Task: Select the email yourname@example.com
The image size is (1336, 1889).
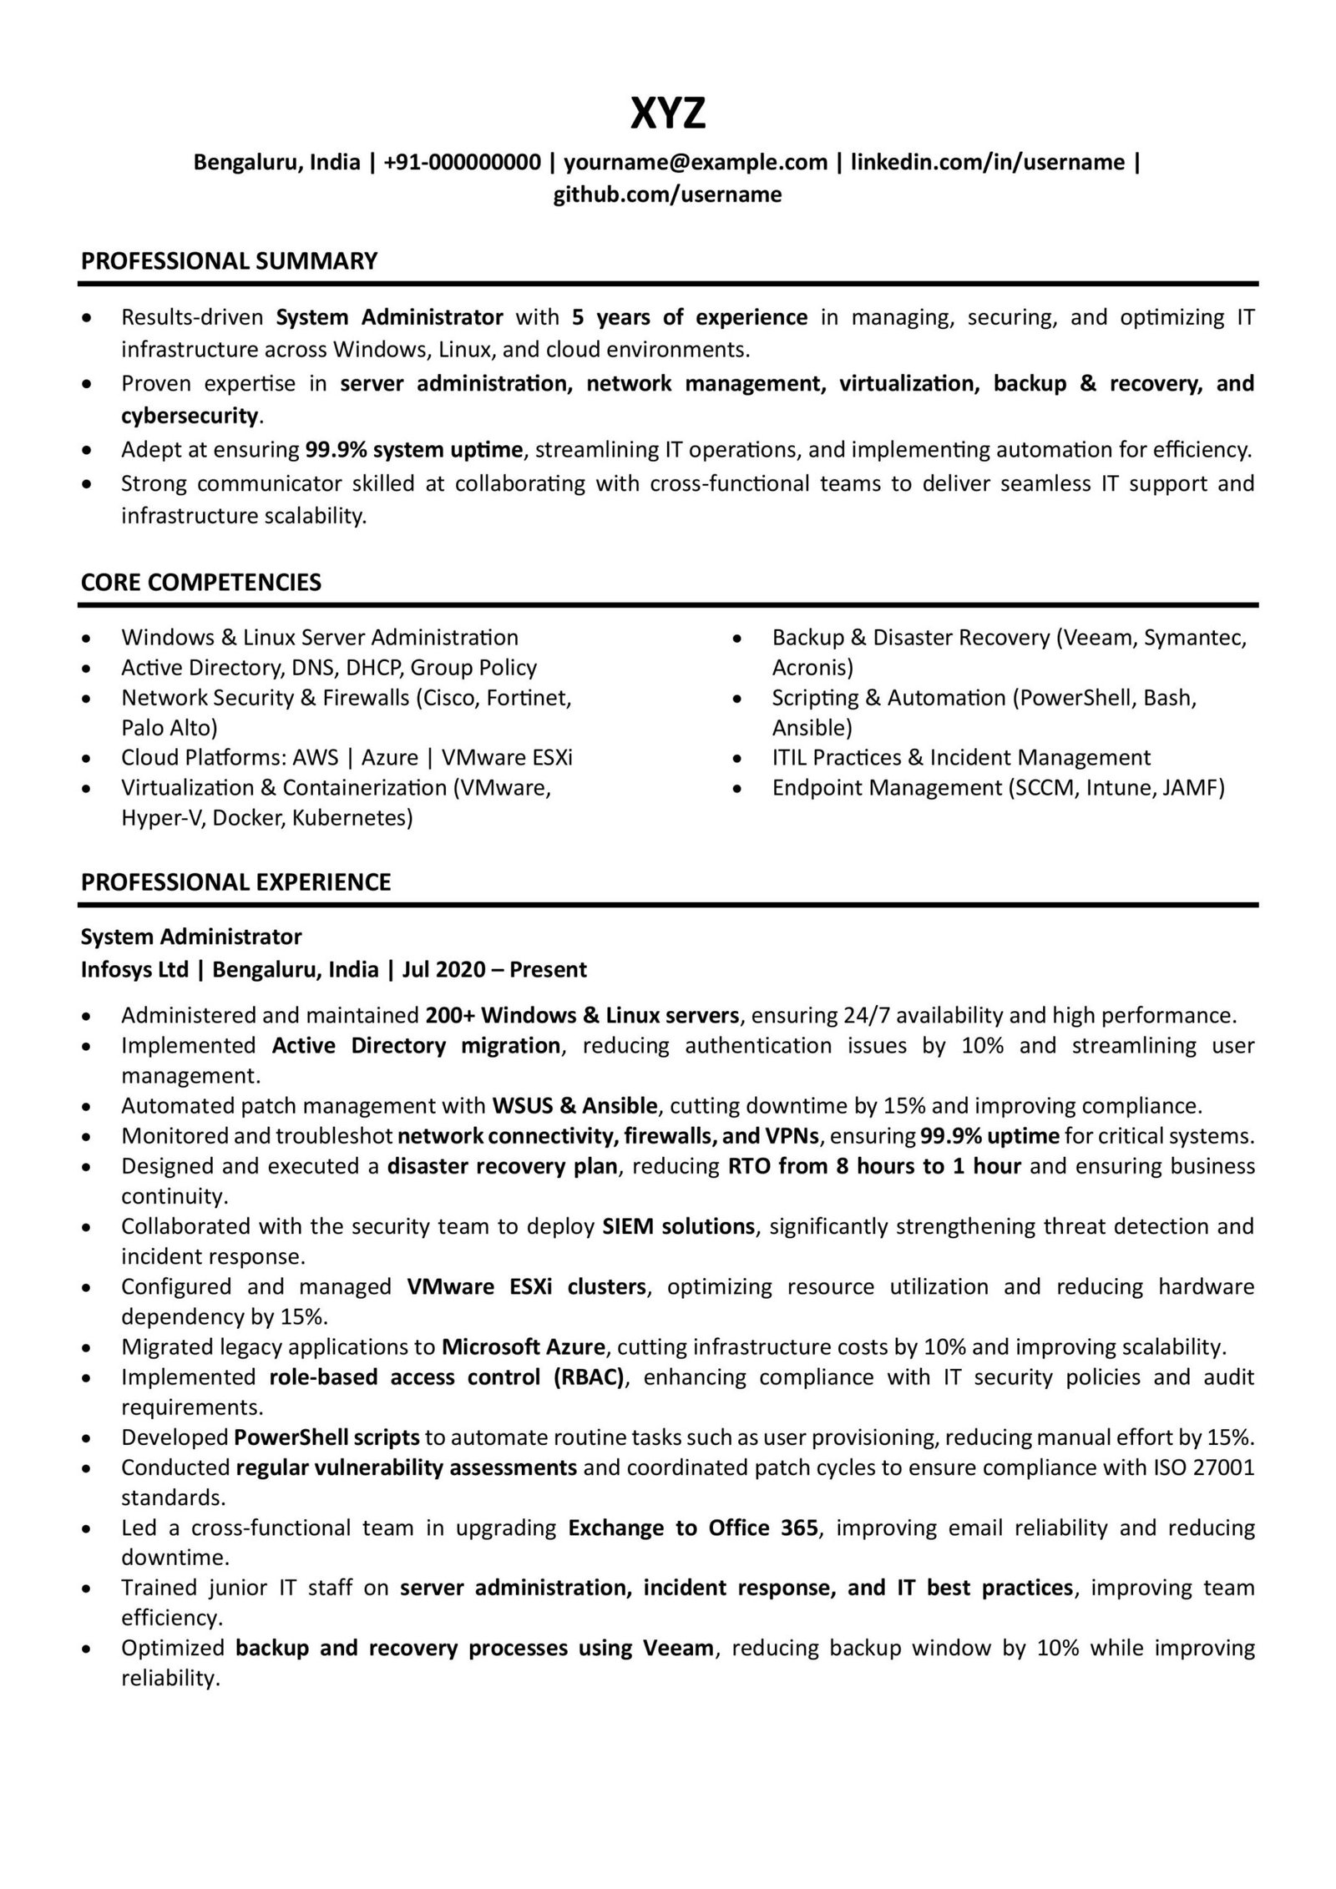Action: [x=696, y=162]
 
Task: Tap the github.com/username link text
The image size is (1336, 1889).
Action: [x=667, y=194]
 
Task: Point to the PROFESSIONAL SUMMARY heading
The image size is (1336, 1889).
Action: [x=229, y=261]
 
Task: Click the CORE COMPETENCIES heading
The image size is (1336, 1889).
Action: [x=200, y=582]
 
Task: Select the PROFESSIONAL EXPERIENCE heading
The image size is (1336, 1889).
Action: [x=235, y=882]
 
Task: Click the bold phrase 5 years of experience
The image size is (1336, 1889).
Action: [x=690, y=317]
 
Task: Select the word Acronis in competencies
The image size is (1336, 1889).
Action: [x=812, y=667]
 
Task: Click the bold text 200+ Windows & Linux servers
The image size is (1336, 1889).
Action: [x=582, y=1015]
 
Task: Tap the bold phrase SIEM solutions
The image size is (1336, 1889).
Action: [x=678, y=1226]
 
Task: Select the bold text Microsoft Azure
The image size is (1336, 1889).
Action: [x=523, y=1346]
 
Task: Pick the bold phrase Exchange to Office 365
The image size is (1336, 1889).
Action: [x=693, y=1528]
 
